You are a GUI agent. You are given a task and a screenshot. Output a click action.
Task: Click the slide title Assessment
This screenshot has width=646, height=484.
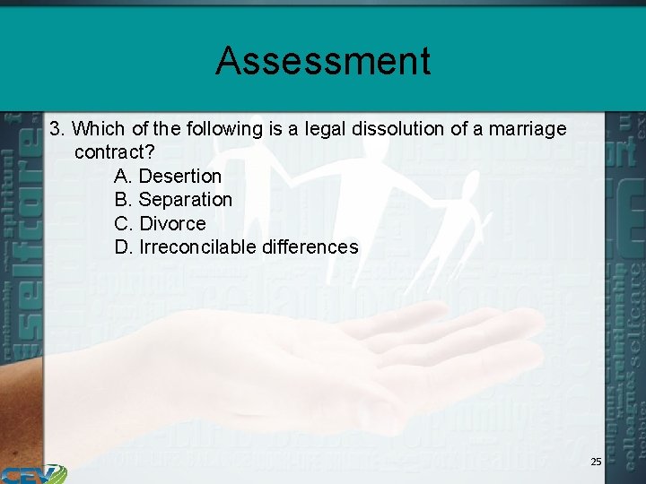tap(323, 61)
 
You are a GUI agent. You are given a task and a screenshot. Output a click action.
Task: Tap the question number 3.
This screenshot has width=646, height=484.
tap(56, 129)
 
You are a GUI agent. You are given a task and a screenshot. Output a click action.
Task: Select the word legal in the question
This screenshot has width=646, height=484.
tap(329, 129)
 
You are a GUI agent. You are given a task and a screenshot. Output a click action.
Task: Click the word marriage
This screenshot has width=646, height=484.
tap(528, 129)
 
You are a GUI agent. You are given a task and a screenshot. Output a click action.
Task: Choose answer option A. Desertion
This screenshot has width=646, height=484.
tap(168, 176)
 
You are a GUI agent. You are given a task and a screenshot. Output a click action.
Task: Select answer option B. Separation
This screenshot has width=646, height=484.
tap(173, 199)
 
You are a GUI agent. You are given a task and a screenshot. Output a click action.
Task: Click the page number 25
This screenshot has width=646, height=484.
tap(596, 462)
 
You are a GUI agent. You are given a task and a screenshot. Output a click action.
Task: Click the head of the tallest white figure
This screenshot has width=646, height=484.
tap(371, 149)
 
